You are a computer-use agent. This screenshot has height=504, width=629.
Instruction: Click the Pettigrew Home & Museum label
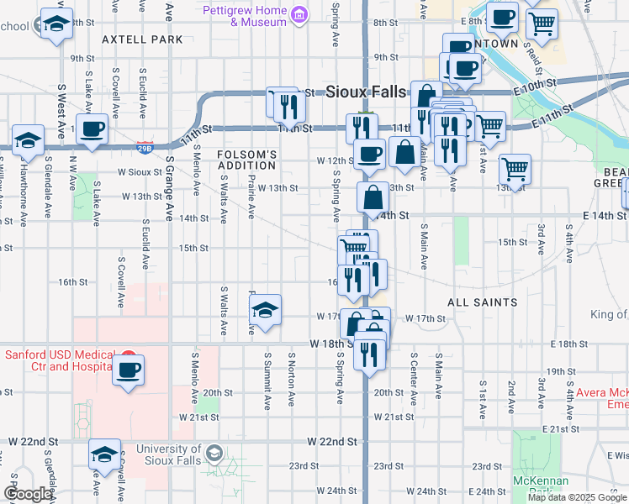click(245, 16)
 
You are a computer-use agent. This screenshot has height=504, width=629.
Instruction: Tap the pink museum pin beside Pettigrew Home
click(298, 14)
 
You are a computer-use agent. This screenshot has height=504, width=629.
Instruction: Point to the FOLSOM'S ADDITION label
click(247, 160)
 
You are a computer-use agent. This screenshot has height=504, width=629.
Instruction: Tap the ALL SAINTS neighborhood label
click(482, 302)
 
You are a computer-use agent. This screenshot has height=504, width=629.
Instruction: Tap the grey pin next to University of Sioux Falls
click(214, 453)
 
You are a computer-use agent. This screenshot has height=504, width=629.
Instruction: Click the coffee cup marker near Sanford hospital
click(128, 370)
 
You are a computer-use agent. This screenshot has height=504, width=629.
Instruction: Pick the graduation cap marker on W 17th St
click(266, 311)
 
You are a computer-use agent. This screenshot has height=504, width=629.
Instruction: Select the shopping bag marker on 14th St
click(373, 198)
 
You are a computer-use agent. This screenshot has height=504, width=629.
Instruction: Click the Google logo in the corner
click(28, 494)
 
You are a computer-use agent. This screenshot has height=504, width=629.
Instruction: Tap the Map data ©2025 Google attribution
click(577, 497)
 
